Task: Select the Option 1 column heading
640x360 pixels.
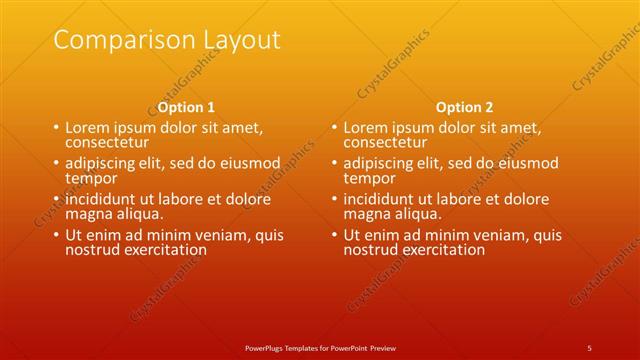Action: point(186,107)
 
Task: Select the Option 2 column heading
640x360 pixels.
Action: point(464,107)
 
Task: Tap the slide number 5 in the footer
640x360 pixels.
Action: point(589,347)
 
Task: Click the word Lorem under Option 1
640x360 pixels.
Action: point(87,128)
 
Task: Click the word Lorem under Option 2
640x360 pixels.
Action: point(365,128)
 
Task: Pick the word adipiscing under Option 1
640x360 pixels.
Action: point(99,164)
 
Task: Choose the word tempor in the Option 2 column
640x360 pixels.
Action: point(369,178)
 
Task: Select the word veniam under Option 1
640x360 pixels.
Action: point(212,235)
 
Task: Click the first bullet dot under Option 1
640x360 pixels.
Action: point(56,129)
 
